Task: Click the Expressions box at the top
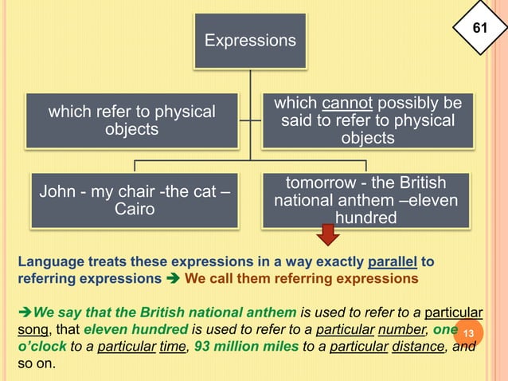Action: [250, 40]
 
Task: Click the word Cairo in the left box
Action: [132, 209]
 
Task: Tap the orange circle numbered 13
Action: [468, 332]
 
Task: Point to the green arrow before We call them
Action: [172, 279]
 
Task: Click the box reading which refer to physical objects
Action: [132, 120]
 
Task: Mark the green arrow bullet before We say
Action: [24, 312]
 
